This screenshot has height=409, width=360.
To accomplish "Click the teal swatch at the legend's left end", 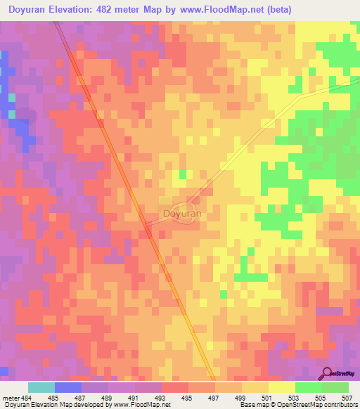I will point(41,387).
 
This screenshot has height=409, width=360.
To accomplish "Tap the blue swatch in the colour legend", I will point(68,387).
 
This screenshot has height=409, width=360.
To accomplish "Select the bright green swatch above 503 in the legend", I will point(308,387).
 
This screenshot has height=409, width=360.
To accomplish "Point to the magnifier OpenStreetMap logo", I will point(327,372).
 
